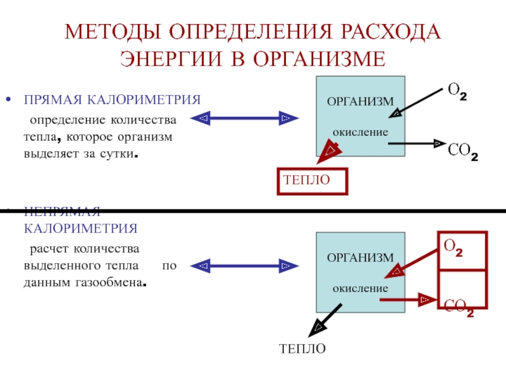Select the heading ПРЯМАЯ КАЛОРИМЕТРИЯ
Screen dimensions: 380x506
point(113,100)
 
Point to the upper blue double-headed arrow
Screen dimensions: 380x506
point(244,118)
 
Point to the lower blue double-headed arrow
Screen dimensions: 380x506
point(244,265)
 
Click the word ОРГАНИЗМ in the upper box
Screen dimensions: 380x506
point(360,102)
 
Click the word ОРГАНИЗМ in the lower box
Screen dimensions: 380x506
point(360,257)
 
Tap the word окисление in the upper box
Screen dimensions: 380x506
point(360,134)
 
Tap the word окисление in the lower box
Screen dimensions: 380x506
point(360,288)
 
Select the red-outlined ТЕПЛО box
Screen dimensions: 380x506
point(312,181)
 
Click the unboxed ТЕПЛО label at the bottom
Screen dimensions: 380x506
point(302,349)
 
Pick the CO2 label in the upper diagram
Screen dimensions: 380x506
point(462,152)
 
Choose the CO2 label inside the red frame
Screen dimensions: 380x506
point(459,308)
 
